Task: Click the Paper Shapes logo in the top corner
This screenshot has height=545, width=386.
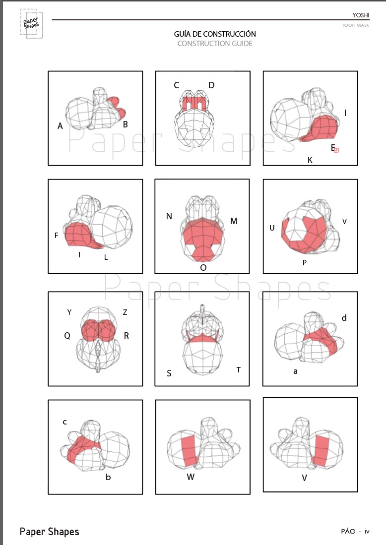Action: coord(31,23)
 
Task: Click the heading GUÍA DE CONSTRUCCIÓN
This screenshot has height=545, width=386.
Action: coord(215,34)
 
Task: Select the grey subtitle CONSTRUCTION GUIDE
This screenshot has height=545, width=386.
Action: coord(215,44)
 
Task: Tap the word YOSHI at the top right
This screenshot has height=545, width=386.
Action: coord(361,15)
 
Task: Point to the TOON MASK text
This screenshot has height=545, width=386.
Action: coord(355,25)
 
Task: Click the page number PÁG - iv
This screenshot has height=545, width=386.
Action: coord(355,531)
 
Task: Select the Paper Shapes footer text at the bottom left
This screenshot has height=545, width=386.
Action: coord(50,532)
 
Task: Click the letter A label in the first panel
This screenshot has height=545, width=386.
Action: coord(60,126)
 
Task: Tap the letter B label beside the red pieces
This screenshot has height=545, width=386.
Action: coord(126,124)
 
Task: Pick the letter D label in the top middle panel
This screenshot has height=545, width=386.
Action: coord(211,85)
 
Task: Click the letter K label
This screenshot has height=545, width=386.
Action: coord(310,160)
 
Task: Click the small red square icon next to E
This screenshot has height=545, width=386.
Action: coord(336,150)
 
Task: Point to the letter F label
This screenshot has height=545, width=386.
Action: coord(57,236)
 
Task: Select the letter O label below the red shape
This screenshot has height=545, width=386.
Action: coord(203,268)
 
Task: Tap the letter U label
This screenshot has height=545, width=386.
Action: coord(272,228)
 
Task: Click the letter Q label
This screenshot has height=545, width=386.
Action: coord(67,336)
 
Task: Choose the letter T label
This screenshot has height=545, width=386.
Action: coord(239,370)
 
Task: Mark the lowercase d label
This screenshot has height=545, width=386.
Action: coord(344,318)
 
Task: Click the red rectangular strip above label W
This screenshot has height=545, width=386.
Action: coord(190,451)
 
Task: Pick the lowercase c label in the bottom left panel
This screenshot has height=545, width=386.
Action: coord(64,423)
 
